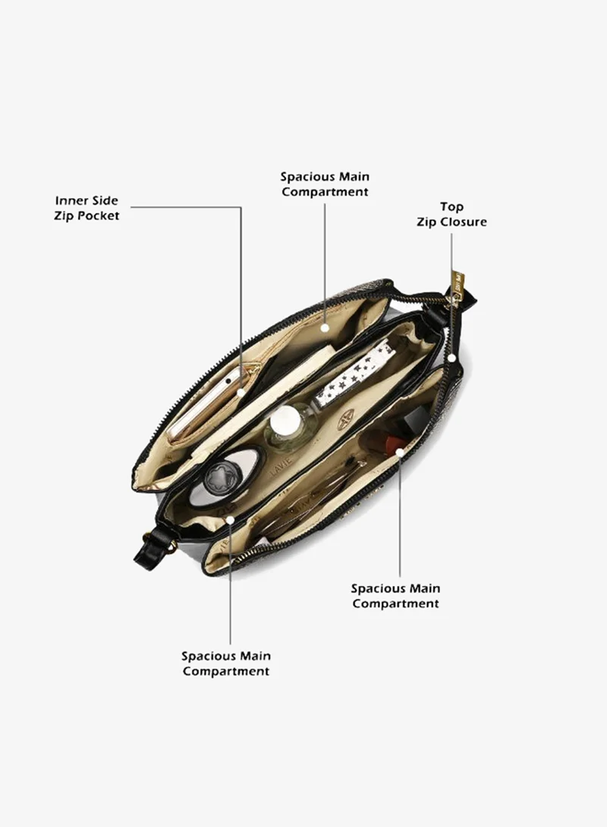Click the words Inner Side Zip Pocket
pyautogui.click(x=86, y=208)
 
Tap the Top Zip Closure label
pyautogui.click(x=451, y=214)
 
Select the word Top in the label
pyautogui.click(x=451, y=207)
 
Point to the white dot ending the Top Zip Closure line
pyautogui.click(x=451, y=358)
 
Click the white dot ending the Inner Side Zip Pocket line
pyautogui.click(x=241, y=393)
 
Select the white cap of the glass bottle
pyautogui.click(x=285, y=423)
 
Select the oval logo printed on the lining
pyautogui.click(x=346, y=421)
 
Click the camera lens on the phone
pyautogui.click(x=228, y=381)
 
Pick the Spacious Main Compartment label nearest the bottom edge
pyautogui.click(x=226, y=663)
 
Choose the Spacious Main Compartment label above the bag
pyautogui.click(x=325, y=184)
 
